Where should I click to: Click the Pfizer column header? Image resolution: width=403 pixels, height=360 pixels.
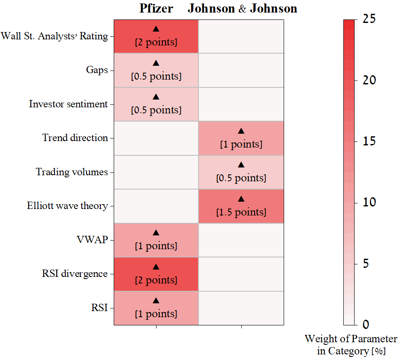tap(156, 9)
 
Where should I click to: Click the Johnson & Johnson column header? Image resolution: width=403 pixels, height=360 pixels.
tap(242, 9)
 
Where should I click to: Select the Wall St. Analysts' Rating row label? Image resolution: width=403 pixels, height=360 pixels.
tap(54, 36)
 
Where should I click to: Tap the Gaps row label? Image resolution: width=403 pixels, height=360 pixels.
tap(97, 70)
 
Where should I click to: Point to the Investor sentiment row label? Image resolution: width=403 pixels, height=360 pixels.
tap(68, 104)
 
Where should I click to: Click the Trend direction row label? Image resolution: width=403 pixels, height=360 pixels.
tap(75, 138)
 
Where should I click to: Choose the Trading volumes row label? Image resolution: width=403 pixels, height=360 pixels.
tap(72, 172)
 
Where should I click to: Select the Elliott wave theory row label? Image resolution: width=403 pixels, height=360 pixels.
tap(67, 206)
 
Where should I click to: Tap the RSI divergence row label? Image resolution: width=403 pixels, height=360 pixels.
tap(75, 274)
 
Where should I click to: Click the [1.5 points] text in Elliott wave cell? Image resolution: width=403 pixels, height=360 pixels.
tap(241, 212)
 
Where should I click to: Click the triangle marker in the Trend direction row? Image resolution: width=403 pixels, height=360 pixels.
tap(241, 131)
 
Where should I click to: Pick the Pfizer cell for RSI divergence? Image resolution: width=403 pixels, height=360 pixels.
tap(156, 274)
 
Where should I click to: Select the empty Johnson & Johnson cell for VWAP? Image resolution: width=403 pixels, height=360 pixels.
tap(241, 240)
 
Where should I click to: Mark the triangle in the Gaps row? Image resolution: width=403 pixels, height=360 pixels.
tap(156, 63)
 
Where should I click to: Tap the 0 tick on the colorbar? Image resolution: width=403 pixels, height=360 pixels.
tap(366, 325)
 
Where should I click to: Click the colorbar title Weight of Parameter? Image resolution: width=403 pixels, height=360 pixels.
tap(351, 338)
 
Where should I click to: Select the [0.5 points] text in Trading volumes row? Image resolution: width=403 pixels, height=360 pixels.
tap(241, 178)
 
